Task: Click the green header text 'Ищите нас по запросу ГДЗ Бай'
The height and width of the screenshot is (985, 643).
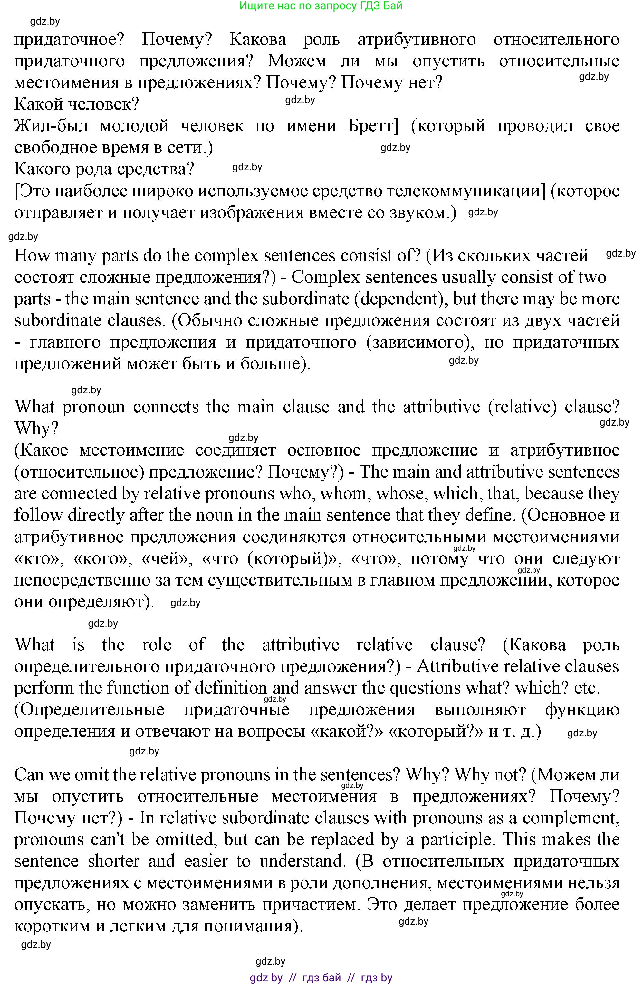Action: pyautogui.click(x=321, y=6)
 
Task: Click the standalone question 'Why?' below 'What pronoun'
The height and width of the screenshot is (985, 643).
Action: pyautogui.click(x=36, y=429)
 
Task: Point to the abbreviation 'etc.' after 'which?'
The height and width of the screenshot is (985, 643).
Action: pyautogui.click(x=587, y=688)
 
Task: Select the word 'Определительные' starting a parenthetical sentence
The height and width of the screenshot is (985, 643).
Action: pyautogui.click(x=89, y=709)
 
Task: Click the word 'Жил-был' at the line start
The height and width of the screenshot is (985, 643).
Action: pyautogui.click(x=51, y=126)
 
